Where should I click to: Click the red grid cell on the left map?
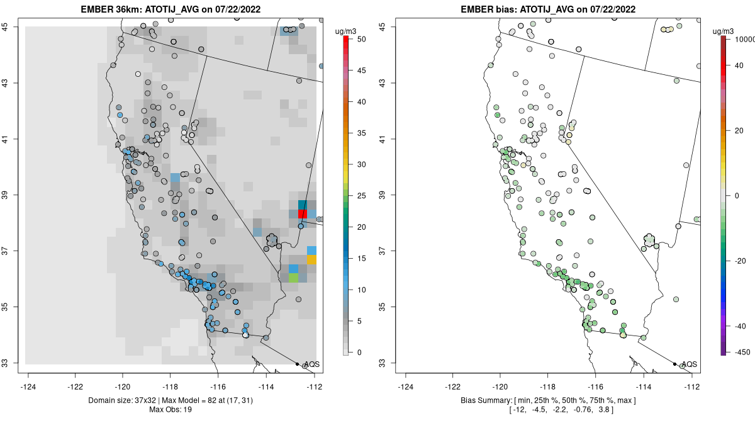pos(302,214)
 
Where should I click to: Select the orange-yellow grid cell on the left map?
pos(311,259)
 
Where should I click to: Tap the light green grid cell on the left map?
pos(293,278)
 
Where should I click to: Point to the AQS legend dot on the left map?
pos(297,364)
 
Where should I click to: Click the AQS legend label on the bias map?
pos(690,364)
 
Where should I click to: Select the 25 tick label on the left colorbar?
pos(361,196)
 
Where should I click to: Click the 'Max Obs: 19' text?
pos(171,410)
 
